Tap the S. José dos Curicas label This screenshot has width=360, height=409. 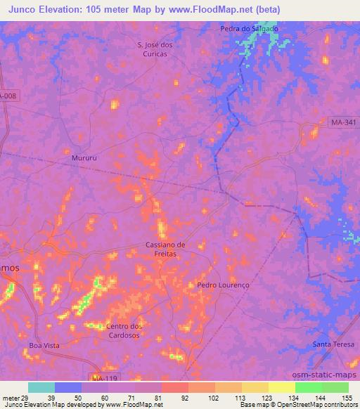[159, 50]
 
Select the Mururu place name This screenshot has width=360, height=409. [84, 158]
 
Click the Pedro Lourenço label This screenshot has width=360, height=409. [224, 285]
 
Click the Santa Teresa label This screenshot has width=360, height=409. [332, 344]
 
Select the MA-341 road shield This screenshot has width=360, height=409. [342, 123]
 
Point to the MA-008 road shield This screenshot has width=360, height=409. [8, 96]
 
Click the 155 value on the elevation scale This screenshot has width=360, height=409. [347, 398]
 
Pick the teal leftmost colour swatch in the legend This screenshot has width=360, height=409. [41, 387]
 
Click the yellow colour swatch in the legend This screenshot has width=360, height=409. [281, 387]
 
